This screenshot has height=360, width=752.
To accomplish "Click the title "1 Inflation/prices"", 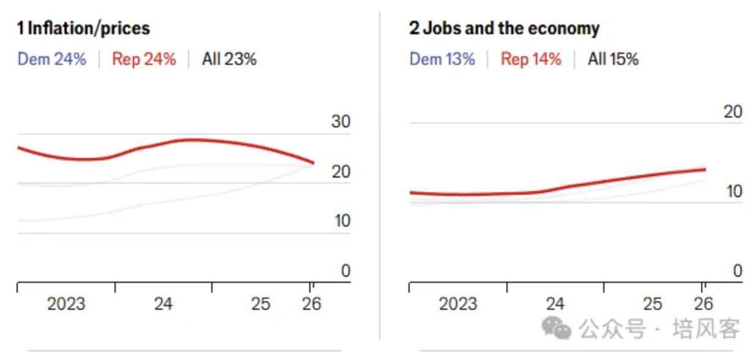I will coord(83,28).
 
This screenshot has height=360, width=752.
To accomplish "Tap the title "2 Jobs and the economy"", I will coord(504,28).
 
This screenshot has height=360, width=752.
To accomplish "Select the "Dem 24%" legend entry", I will coord(52,59).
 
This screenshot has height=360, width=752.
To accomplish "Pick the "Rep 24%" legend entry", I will coord(144,59).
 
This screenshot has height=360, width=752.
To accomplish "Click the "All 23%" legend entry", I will coord(229,59).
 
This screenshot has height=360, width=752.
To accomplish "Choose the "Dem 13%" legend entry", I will coord(442,59).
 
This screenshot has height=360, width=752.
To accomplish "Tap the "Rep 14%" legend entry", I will coord(531,59).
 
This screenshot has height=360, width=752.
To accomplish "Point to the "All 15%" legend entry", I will coord(613,59).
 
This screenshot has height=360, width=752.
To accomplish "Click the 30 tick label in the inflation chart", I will coord(340,122).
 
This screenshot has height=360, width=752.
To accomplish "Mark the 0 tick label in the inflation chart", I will coord(346,271).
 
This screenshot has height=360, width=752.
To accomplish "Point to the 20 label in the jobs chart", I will coord(732,112).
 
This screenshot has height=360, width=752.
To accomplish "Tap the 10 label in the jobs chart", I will coord(732,192).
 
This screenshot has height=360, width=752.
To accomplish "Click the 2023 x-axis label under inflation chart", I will coord(66,304).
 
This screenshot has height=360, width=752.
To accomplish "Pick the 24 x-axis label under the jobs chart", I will coord(555,304).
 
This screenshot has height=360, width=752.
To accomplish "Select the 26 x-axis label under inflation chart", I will coord(312,304).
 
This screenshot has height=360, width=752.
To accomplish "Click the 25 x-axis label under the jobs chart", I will coord(653,304).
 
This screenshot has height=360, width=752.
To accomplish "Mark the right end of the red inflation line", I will coord(313,163).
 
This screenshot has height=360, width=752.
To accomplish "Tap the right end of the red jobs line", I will coord(705,170).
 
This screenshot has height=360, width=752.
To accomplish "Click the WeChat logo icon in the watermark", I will coord(557,329).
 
